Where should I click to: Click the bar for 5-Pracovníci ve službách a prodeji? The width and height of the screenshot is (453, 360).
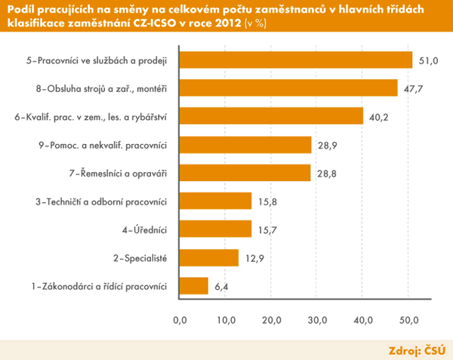coord(296,60)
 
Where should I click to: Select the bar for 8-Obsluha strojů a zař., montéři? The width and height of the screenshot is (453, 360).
coord(288,88)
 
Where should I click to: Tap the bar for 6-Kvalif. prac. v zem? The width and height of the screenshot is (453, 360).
coord(270,116)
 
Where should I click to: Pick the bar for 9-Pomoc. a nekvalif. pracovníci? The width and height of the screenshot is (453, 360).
coord(245,144)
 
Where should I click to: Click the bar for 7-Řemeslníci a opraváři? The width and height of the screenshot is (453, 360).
coord(245,173)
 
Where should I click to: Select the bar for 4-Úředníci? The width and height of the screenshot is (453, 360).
coord(215,229)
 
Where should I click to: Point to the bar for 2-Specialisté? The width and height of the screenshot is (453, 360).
coord(208,257)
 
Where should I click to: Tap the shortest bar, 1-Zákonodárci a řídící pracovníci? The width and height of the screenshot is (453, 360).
coord(193,286)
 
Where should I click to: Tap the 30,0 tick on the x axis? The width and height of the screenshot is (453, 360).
coord(318,321)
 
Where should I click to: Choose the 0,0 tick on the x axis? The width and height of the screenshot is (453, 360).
coord(180,321)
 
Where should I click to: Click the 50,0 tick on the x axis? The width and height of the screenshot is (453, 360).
coord(410,321)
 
